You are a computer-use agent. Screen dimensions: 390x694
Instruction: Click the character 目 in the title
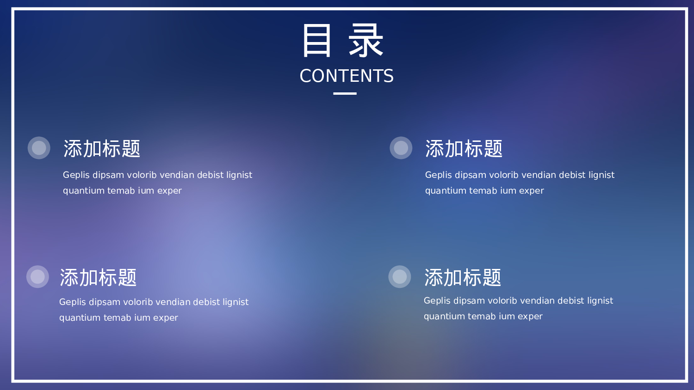(x=317, y=41)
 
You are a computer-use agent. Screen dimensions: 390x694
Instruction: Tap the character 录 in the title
(x=366, y=41)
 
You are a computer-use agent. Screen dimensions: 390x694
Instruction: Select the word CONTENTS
(x=347, y=76)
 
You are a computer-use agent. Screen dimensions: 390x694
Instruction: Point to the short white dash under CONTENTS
(x=345, y=93)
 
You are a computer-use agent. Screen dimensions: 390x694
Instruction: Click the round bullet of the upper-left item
(x=39, y=148)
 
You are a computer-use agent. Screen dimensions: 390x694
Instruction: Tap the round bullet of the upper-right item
(x=401, y=148)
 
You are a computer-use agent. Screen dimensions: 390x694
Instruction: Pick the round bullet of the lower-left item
(x=37, y=277)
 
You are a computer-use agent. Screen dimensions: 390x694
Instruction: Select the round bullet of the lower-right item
(x=399, y=277)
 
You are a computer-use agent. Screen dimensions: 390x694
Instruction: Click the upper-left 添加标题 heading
(x=102, y=149)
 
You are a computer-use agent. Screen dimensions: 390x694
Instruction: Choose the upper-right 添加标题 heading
(x=464, y=149)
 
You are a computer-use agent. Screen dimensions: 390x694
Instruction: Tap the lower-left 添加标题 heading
(x=98, y=278)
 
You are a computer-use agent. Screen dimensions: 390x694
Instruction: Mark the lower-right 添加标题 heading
(x=463, y=278)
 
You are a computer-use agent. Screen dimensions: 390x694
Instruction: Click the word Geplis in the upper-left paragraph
(x=76, y=175)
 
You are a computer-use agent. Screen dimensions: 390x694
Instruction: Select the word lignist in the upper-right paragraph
(x=602, y=175)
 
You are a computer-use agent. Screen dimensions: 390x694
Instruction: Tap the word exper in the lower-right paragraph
(x=530, y=317)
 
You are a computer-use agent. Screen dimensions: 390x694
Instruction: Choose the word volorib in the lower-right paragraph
(x=503, y=301)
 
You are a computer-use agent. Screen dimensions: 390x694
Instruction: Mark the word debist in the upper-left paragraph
(x=210, y=175)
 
